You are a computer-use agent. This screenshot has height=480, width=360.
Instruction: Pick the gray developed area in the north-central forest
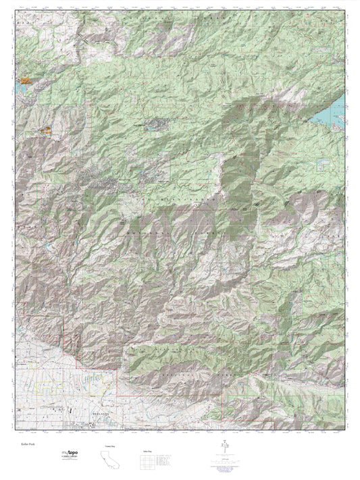pyautogui.click(x=157, y=124)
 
